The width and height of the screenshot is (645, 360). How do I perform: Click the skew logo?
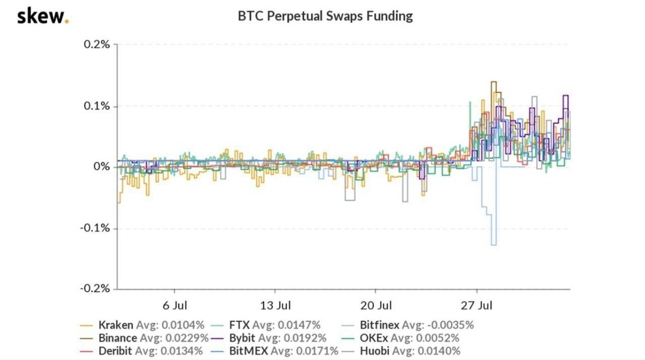click(42, 16)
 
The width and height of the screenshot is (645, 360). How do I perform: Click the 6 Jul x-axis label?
click(175, 304)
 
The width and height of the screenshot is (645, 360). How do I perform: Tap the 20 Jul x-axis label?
click(376, 304)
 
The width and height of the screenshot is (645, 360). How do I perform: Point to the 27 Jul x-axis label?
click(477, 304)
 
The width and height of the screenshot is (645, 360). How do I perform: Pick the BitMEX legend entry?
click(296, 350)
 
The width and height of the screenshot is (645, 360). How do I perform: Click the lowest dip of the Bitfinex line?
click(494, 245)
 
